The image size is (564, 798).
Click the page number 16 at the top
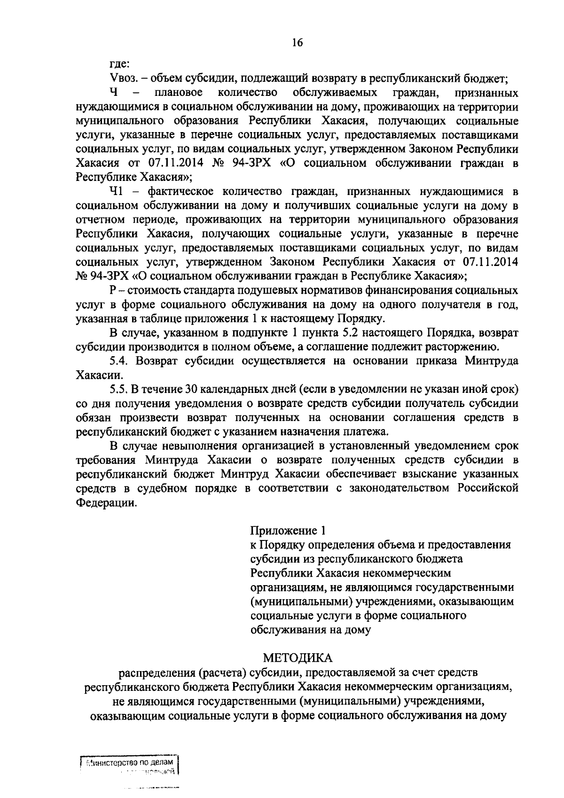(297, 43)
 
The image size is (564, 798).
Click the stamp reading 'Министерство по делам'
(132, 762)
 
